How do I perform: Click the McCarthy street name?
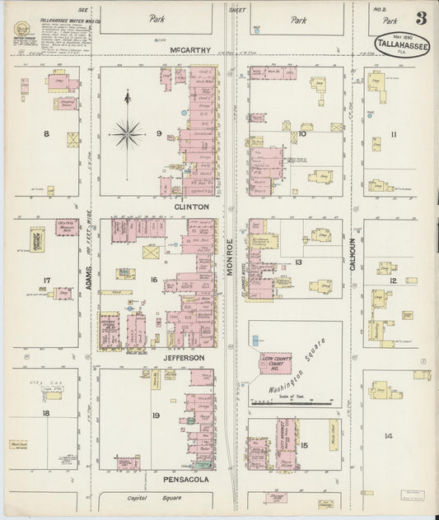(190, 50)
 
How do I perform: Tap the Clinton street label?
(190, 207)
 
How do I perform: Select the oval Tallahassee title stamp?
(402, 45)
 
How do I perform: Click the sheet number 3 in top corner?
(421, 17)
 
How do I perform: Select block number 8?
(46, 133)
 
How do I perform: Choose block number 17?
(46, 281)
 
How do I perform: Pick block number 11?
(394, 134)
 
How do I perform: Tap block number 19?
(155, 416)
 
